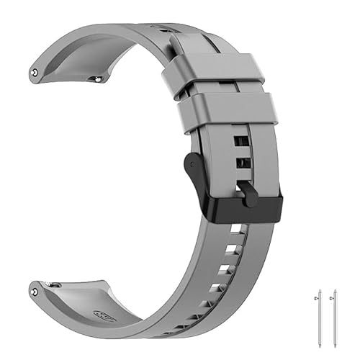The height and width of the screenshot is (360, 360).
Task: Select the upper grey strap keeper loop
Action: [x=209, y=72]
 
